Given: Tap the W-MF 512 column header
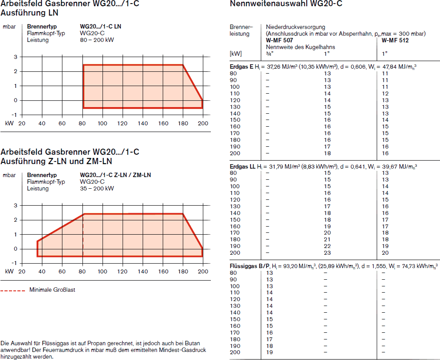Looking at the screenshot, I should tap(395, 40).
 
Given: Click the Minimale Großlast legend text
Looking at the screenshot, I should tap(52, 290).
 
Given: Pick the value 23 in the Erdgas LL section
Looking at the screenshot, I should tap(327, 253).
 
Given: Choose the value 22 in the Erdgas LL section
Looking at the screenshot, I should tap(327, 246).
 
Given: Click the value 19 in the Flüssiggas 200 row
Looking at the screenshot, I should tap(269, 352).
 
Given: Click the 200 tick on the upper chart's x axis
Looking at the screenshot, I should tap(203, 124).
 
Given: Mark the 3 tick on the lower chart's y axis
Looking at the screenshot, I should tap(16, 205).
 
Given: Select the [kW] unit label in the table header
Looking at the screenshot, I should tap(235, 54).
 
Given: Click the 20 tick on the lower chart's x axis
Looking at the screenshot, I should tap(21, 271).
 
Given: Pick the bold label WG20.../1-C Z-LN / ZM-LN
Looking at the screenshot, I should tap(115, 175).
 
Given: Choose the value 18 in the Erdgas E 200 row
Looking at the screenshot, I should tap(327, 153).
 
